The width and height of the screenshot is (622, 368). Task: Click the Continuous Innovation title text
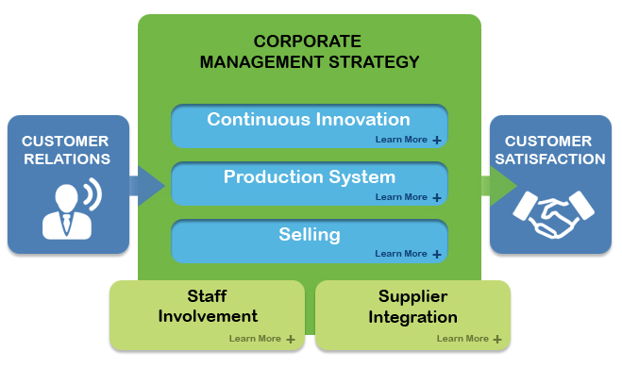point(309,120)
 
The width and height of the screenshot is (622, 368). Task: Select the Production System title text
point(309,176)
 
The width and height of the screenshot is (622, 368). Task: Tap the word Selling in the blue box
point(309,233)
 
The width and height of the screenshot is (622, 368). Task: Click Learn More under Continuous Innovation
point(401,140)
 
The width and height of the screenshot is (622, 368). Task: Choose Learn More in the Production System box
point(401,197)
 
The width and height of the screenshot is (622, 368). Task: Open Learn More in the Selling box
point(401,254)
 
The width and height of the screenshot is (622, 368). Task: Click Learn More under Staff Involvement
point(255,338)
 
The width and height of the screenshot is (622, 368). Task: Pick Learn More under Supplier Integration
point(462,338)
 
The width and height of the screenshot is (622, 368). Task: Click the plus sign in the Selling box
point(437,255)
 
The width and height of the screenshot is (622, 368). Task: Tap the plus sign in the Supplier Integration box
point(497,339)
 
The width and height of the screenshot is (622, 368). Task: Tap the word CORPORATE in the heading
point(309,42)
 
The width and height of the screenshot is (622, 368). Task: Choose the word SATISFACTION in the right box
point(548,159)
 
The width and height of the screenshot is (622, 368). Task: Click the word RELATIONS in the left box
point(68,159)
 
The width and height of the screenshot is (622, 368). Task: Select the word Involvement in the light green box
point(207,316)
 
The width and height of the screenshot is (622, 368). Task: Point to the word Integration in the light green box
point(412,316)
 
